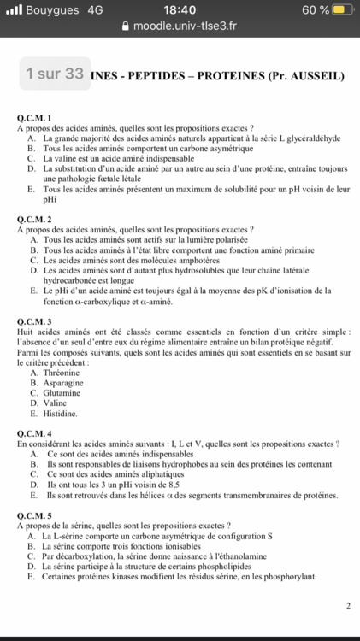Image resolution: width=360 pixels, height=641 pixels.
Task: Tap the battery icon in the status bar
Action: point(342,9)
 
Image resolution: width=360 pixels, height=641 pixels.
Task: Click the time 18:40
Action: point(180,9)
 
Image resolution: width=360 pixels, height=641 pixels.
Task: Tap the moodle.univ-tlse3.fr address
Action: point(186,26)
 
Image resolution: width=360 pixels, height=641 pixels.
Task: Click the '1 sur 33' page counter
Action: point(55,74)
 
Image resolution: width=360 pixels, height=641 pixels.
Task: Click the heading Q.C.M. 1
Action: point(35,117)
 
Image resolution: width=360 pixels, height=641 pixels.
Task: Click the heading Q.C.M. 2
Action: point(35,220)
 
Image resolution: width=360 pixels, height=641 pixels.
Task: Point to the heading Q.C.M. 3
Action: point(35,321)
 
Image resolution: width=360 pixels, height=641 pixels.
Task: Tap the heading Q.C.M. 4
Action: point(35,433)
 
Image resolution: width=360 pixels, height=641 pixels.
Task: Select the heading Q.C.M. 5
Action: point(35,515)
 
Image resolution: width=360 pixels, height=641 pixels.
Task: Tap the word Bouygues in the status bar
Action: point(50,9)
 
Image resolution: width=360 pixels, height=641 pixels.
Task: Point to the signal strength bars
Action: point(14,9)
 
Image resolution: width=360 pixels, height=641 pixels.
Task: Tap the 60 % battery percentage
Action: point(315,9)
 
